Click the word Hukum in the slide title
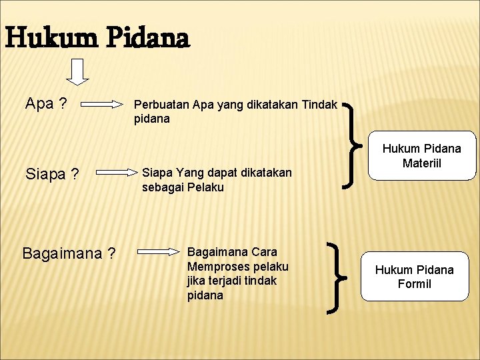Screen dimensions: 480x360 [47, 39]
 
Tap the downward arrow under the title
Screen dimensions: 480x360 [78, 72]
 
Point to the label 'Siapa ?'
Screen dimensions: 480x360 [52, 175]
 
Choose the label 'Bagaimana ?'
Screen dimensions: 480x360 [69, 254]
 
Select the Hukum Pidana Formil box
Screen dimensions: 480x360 [414, 277]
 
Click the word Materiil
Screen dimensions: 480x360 [422, 164]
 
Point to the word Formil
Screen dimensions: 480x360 [414, 284]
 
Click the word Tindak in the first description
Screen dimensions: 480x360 [319, 104]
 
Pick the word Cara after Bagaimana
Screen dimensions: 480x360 [265, 252]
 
